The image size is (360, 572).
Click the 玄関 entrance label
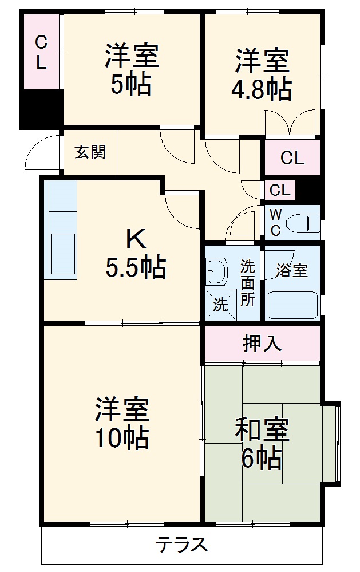[x=90, y=152]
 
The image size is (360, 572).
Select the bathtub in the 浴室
[x=292, y=304]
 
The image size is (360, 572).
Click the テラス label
[x=181, y=544]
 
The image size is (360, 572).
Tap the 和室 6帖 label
[x=262, y=443]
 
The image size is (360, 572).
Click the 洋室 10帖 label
[x=122, y=423]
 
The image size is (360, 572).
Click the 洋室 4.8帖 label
[x=262, y=74]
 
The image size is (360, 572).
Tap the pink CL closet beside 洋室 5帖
[x=41, y=52]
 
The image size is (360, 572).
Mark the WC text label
[x=275, y=222]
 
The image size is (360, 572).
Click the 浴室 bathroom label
[x=292, y=271]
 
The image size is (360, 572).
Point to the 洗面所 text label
[x=247, y=283]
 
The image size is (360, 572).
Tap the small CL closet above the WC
[x=280, y=190]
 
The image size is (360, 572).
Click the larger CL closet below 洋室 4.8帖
[x=292, y=158]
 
